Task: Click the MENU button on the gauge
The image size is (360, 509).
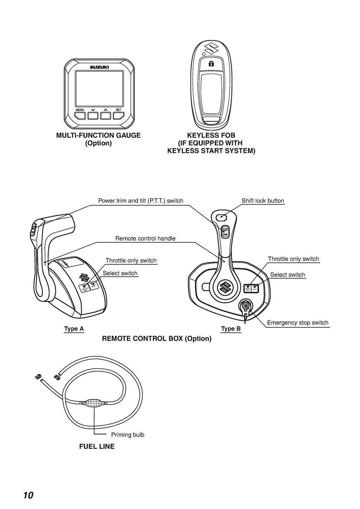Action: (x=80, y=115)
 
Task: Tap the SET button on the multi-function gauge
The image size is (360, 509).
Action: (x=118, y=115)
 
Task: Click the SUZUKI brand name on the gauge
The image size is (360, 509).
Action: (x=99, y=67)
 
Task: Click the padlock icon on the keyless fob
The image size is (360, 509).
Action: (x=211, y=64)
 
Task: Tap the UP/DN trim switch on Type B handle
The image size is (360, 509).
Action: (x=225, y=231)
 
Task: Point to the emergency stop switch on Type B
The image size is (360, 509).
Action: (x=245, y=306)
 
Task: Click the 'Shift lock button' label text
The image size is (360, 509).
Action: (x=263, y=201)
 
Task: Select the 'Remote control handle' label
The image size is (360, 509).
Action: (x=145, y=239)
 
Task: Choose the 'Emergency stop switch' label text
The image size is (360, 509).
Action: (x=297, y=322)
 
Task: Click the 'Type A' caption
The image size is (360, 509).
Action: (x=74, y=329)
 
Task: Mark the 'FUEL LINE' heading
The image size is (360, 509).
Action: (x=97, y=446)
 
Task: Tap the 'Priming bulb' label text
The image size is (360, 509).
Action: (x=128, y=435)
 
